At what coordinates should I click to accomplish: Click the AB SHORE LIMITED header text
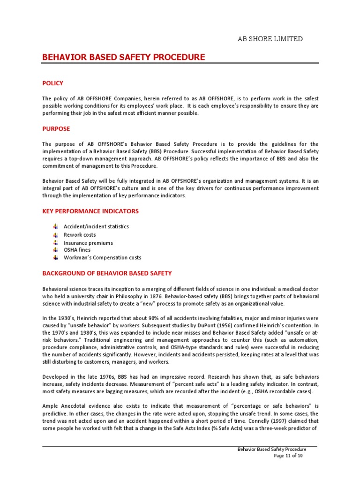(x=270, y=39)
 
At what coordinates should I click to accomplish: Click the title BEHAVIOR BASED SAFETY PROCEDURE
(x=123, y=57)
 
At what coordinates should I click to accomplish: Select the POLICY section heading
(x=52, y=83)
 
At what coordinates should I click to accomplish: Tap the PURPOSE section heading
(x=56, y=128)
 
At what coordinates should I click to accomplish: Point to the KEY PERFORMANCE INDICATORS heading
(x=90, y=211)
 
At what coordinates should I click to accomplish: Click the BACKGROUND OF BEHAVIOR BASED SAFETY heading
(x=107, y=273)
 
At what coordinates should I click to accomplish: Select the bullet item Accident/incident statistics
(x=96, y=226)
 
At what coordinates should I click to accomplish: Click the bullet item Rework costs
(x=80, y=234)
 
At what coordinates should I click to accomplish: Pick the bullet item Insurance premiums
(x=88, y=243)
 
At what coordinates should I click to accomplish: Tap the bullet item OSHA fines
(x=77, y=250)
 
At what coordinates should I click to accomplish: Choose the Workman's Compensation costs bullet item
(x=102, y=257)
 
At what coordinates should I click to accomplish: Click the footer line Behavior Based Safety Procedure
(x=272, y=449)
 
